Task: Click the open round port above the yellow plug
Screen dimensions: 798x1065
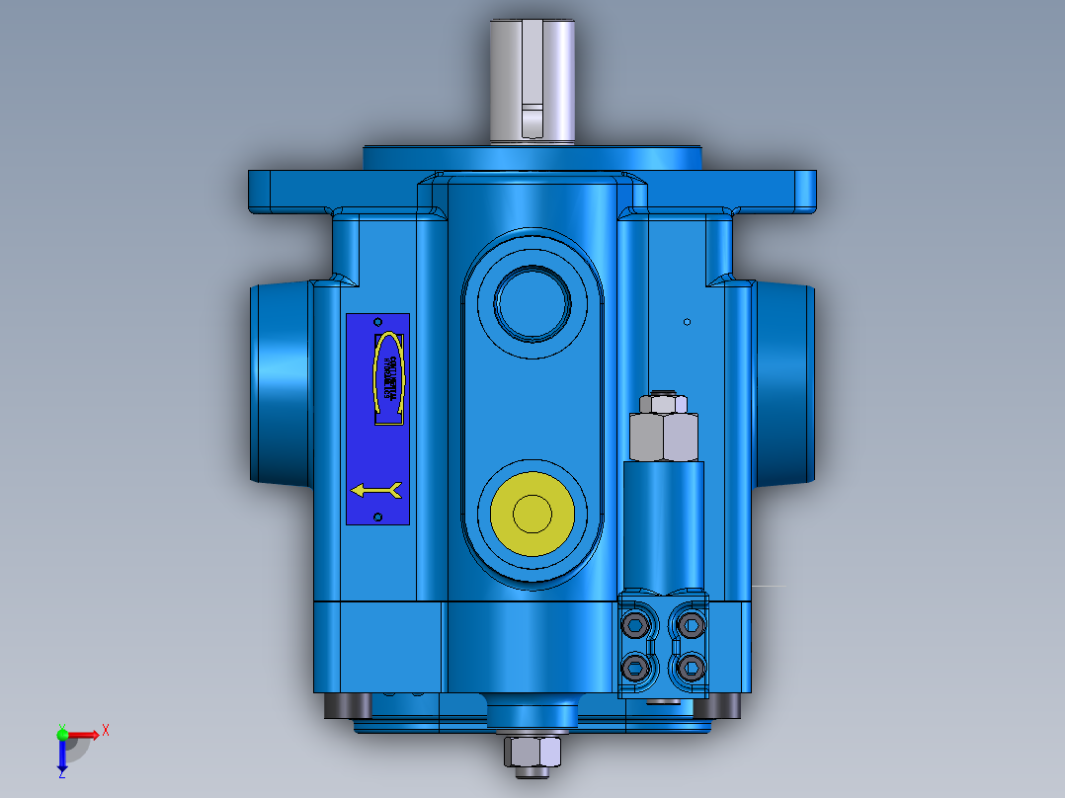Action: point(532,301)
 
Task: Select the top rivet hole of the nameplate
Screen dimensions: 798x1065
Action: point(376,323)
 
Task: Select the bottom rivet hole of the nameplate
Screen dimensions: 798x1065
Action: point(377,517)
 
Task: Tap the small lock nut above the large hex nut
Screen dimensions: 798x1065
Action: point(664,403)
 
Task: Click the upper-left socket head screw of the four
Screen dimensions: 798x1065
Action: point(634,624)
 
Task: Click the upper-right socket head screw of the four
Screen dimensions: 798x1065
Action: point(690,624)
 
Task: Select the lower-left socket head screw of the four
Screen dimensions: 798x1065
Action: point(634,669)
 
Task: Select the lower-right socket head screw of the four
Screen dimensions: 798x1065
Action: point(690,669)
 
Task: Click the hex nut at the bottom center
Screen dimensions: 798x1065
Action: point(532,753)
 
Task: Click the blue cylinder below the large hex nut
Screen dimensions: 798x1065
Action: point(663,523)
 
